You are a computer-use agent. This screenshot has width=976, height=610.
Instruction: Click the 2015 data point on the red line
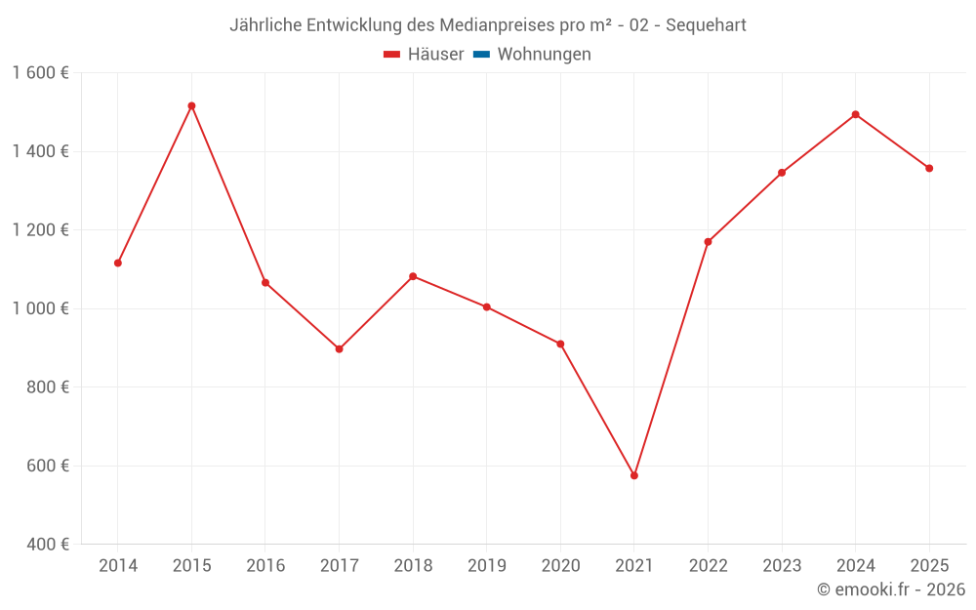click(191, 105)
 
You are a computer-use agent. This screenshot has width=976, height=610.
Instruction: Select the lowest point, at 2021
click(634, 475)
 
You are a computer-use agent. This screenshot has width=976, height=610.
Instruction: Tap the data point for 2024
click(856, 114)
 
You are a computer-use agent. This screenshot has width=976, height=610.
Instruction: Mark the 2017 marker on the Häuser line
click(339, 348)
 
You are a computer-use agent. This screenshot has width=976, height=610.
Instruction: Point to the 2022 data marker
click(708, 242)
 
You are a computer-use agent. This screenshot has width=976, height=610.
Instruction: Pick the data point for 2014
click(118, 263)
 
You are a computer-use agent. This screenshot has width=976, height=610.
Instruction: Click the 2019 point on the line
click(487, 306)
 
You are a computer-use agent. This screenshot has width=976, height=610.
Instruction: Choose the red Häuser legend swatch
click(392, 55)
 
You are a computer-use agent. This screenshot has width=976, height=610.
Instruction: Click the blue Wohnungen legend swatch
click(480, 55)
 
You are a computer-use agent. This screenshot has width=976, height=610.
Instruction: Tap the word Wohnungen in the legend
click(544, 55)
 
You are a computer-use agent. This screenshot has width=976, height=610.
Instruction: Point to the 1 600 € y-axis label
click(41, 73)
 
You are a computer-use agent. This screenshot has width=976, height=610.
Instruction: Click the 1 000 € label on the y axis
click(41, 308)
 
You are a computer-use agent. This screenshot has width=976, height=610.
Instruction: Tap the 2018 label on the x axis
click(413, 565)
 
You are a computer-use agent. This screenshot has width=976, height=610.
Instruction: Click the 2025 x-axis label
click(929, 565)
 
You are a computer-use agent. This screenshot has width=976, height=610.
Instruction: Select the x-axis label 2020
click(560, 565)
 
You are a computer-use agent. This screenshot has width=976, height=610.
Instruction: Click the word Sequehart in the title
click(706, 25)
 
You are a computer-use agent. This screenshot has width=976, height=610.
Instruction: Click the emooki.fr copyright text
click(891, 590)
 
